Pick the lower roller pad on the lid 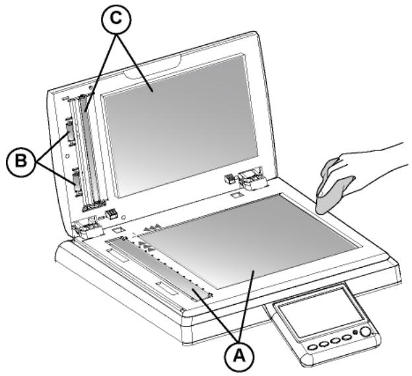[x=75, y=179]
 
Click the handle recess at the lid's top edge [x=154, y=65]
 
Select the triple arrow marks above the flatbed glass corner [x=153, y=228]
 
